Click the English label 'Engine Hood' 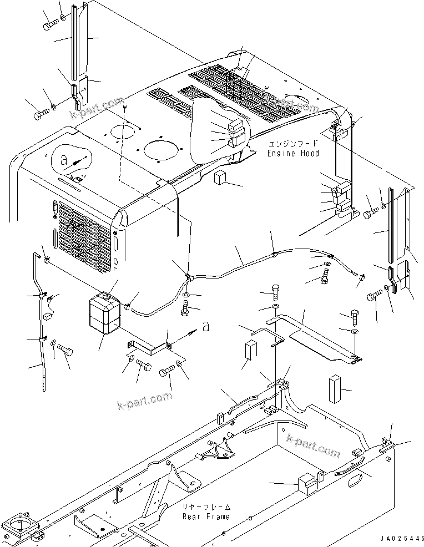(293, 153)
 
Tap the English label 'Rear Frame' (206, 516)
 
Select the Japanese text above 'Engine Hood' (293, 144)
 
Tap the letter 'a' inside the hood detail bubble (64, 159)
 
